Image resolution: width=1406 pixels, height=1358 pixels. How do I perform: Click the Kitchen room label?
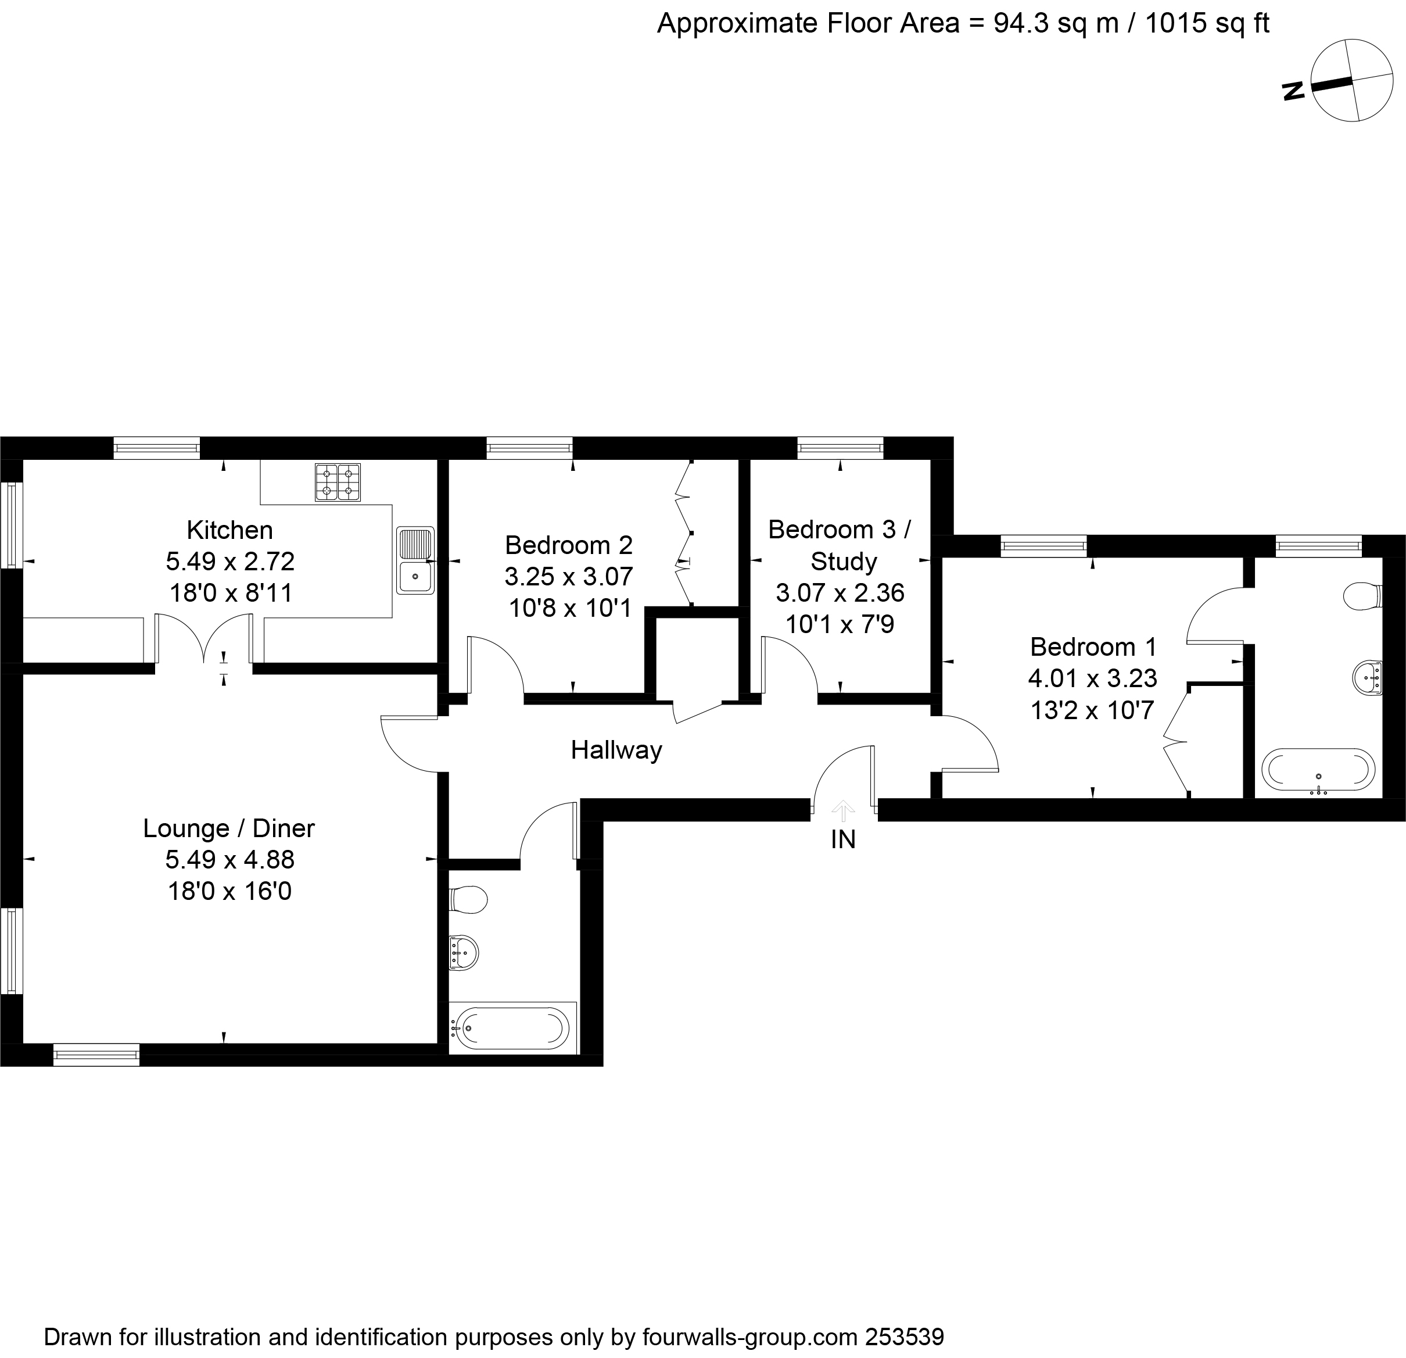pos(229,530)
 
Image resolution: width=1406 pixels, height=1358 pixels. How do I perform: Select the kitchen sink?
pos(415,560)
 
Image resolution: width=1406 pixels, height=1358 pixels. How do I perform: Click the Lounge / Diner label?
pos(229,828)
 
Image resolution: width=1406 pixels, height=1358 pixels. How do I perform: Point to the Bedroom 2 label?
pos(569,545)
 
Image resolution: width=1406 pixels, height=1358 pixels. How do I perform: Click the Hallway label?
pos(616,751)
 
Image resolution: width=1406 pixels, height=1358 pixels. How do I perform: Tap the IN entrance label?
pos(843,840)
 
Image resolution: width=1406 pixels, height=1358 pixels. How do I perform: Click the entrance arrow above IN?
pos(843,811)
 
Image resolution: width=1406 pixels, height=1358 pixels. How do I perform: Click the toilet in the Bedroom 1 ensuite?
pos(1363,596)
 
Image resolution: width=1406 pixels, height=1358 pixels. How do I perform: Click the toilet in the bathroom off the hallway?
pos(468,899)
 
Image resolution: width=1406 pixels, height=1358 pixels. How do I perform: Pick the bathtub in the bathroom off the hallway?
pos(513,1028)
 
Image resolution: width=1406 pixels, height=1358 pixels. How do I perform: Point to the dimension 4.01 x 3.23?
pos(1092,678)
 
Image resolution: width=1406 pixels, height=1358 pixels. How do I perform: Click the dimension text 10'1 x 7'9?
pos(840,624)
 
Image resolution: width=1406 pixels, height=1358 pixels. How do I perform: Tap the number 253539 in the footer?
pos(905,1337)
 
